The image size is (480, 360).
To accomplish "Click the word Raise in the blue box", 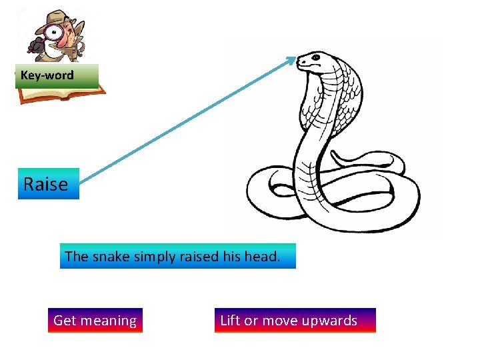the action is [46, 184].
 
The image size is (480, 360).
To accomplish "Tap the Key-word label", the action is [47, 75].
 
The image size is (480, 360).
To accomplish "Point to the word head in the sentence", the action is [265, 256].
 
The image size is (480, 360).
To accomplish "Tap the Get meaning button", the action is [95, 321].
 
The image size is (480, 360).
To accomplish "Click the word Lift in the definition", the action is [230, 321].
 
